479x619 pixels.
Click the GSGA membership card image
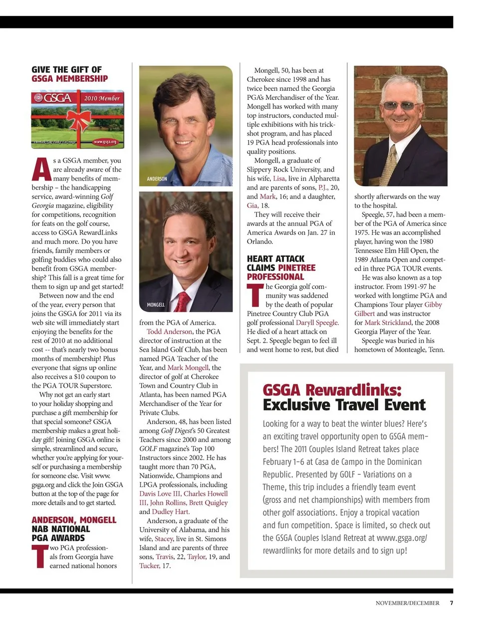coord(77,119)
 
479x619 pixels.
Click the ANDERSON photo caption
coord(157,179)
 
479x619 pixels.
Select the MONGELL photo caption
coord(156,304)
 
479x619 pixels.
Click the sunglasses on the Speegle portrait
coord(400,106)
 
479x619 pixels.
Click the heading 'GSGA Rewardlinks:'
coord(332,390)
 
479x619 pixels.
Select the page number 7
coord(451,603)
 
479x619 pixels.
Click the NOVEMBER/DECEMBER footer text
coord(407,603)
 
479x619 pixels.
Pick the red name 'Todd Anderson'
coord(169,332)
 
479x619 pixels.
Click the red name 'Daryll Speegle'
coord(317,323)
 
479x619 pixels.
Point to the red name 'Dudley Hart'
coord(171,512)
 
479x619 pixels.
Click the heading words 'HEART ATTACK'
coord(275,259)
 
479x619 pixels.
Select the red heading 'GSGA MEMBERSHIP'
coord(69,79)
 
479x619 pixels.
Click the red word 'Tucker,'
coord(150,566)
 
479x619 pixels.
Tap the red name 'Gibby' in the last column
coord(433,305)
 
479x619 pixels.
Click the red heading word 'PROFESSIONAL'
coord(275,277)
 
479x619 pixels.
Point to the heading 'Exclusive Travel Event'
coord(344,405)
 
